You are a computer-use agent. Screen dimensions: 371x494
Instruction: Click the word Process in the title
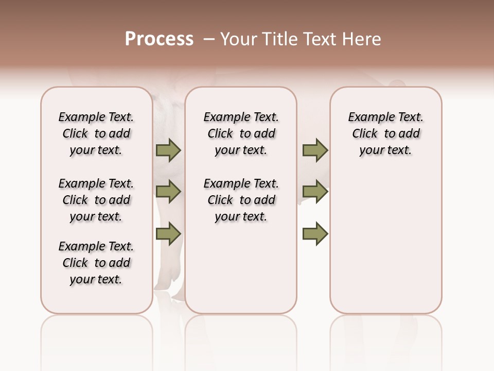(159, 39)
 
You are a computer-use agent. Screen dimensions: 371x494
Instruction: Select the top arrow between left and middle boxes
(168, 150)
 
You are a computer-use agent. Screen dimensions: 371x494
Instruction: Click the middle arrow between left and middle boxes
(168, 192)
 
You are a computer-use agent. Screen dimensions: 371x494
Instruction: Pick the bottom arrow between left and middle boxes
(168, 234)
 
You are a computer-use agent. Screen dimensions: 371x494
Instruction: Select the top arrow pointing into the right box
(315, 150)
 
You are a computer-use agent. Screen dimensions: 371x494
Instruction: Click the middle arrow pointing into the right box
(315, 192)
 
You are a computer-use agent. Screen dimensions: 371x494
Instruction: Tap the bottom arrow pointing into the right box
(315, 234)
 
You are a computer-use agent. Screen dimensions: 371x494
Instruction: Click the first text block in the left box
(96, 133)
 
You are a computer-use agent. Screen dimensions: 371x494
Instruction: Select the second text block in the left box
(96, 200)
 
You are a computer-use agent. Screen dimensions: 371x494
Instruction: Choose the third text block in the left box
(96, 263)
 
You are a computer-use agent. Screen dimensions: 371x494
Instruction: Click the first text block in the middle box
(241, 133)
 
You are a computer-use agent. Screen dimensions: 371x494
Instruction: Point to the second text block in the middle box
(241, 200)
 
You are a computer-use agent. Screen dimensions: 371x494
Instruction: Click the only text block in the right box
(385, 133)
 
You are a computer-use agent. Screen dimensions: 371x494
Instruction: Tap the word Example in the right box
(367, 117)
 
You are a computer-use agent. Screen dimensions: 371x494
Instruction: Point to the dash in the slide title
(209, 39)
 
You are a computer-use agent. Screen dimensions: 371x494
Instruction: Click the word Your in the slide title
(238, 39)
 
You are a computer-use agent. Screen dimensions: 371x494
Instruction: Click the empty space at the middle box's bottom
(241, 273)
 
